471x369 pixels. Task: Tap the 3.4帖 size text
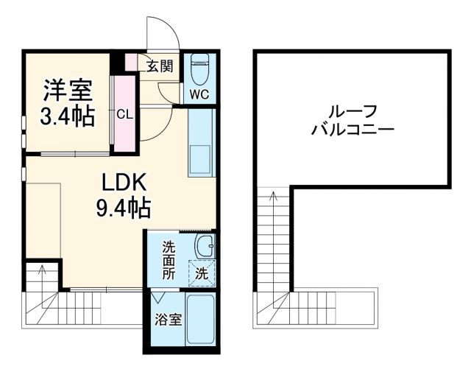pos(67,116)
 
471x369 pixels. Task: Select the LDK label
pos(122,182)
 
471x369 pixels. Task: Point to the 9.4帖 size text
pos(122,209)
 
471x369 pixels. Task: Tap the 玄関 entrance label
pos(159,66)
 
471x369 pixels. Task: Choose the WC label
pos(199,94)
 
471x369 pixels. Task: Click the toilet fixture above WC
pos(199,70)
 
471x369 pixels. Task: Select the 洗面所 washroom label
pos(168,259)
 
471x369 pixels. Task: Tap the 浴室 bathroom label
pos(168,320)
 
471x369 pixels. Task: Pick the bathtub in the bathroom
pos(200,320)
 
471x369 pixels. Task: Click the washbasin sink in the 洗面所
pos(204,245)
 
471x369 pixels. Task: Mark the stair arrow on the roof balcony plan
pos(275,197)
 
